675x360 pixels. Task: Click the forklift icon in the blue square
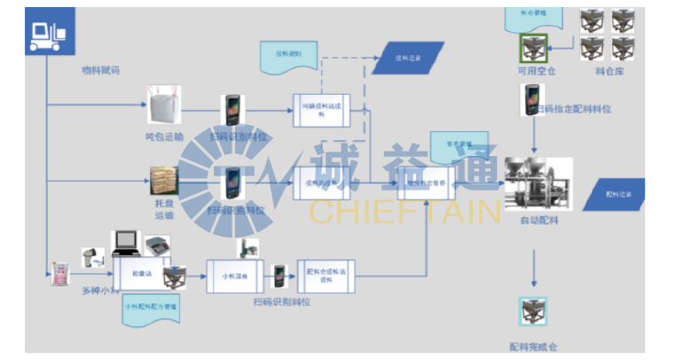49,32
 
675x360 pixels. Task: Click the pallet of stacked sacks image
165,181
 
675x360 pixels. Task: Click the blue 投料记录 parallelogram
408,59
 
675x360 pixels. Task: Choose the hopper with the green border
535,45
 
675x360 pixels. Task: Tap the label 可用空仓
536,71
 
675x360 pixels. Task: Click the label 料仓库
609,71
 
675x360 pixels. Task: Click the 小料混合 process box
236,276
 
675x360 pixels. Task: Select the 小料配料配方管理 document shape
152,310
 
